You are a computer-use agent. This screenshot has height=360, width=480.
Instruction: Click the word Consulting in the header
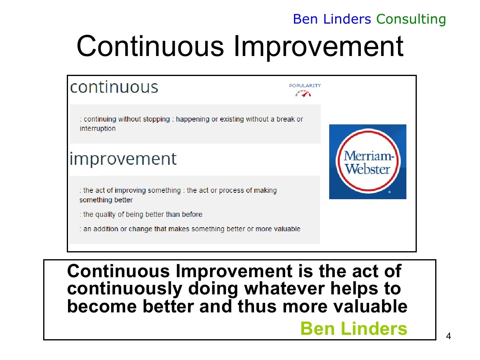tap(411, 20)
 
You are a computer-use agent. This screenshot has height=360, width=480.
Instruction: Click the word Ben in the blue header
tap(305, 19)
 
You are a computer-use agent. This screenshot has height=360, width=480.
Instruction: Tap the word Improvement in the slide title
tap(318, 46)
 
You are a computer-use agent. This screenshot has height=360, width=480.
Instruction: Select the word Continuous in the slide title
tap(150, 46)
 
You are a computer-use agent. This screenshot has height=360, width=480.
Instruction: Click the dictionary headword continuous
tap(114, 87)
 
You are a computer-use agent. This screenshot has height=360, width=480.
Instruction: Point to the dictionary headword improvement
tap(123, 159)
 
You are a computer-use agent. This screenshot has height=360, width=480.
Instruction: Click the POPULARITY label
tap(305, 86)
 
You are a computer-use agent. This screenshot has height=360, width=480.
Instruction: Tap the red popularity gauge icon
tap(303, 94)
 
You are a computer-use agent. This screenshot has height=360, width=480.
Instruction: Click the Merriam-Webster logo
tap(368, 162)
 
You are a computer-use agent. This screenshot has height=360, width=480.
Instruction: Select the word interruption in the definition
tap(98, 128)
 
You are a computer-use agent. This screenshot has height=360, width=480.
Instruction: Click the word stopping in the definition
tap(156, 119)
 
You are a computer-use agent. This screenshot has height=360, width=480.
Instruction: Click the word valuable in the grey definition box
tap(287, 229)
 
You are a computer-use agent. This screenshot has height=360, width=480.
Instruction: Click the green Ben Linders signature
tap(354, 328)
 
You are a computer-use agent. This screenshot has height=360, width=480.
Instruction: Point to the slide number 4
tap(448, 336)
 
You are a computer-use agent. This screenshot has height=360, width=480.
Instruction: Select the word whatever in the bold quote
tap(284, 288)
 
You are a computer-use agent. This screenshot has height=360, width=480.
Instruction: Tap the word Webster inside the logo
tap(367, 169)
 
